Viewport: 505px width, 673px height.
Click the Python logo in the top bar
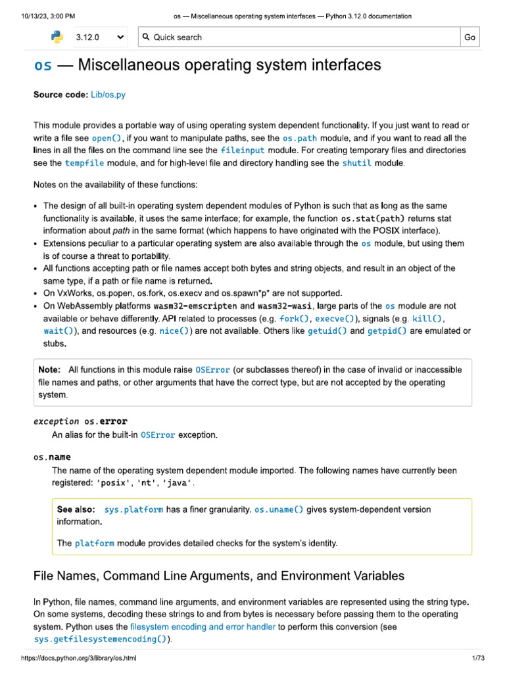point(57,37)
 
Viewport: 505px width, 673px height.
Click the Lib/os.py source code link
point(108,95)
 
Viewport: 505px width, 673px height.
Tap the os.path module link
point(299,138)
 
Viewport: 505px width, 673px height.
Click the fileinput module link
point(243,151)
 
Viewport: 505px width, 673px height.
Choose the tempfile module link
point(84,163)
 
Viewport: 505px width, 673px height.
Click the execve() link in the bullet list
point(335,319)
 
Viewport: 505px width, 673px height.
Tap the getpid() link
point(387,331)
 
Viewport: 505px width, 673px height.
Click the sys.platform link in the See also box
point(133,509)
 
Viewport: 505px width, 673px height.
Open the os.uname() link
point(279,509)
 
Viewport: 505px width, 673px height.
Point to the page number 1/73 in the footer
point(477,658)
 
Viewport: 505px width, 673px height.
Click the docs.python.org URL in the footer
point(79,658)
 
